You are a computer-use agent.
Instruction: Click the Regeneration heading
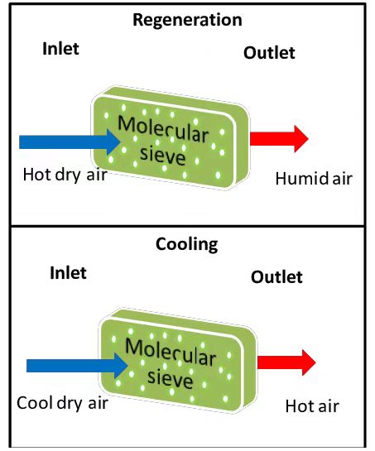pos(187,21)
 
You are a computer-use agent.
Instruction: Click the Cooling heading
pos(187,244)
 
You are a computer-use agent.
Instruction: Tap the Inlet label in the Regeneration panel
pos(60,49)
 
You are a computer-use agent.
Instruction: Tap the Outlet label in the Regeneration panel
pos(269,53)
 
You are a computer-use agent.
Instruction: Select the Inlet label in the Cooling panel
pos(68,273)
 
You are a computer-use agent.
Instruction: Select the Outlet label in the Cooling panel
pos(276,277)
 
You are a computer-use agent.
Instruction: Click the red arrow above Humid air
pos(279,139)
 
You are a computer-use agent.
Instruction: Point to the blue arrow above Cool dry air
pos(78,366)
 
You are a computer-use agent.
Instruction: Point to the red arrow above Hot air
pos(286,362)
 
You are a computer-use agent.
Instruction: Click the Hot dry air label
pos(65,175)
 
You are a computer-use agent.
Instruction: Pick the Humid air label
pos(314,179)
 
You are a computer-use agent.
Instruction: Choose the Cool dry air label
pos(62,403)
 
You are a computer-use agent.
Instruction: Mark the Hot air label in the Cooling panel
pos(312,406)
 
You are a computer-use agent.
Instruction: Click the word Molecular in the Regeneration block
pos(163,129)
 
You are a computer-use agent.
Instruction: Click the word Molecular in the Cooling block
pos(171,352)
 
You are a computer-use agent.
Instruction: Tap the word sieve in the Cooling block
pos(170,378)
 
